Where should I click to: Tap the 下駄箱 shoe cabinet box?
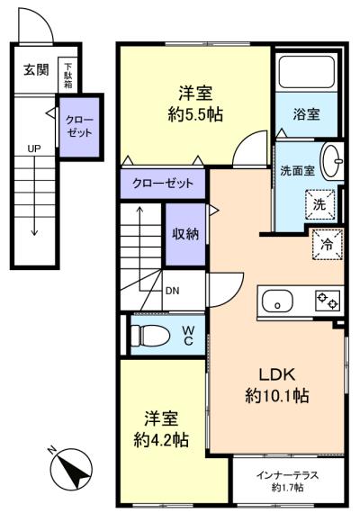(x=67, y=74)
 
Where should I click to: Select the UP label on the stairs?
(x=32, y=148)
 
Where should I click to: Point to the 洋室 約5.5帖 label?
(x=194, y=103)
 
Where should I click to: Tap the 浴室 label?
(x=307, y=114)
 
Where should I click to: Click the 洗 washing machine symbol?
(x=319, y=204)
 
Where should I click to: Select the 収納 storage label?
(x=185, y=234)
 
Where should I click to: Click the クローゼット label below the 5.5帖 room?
(x=163, y=184)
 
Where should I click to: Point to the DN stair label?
(x=172, y=290)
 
